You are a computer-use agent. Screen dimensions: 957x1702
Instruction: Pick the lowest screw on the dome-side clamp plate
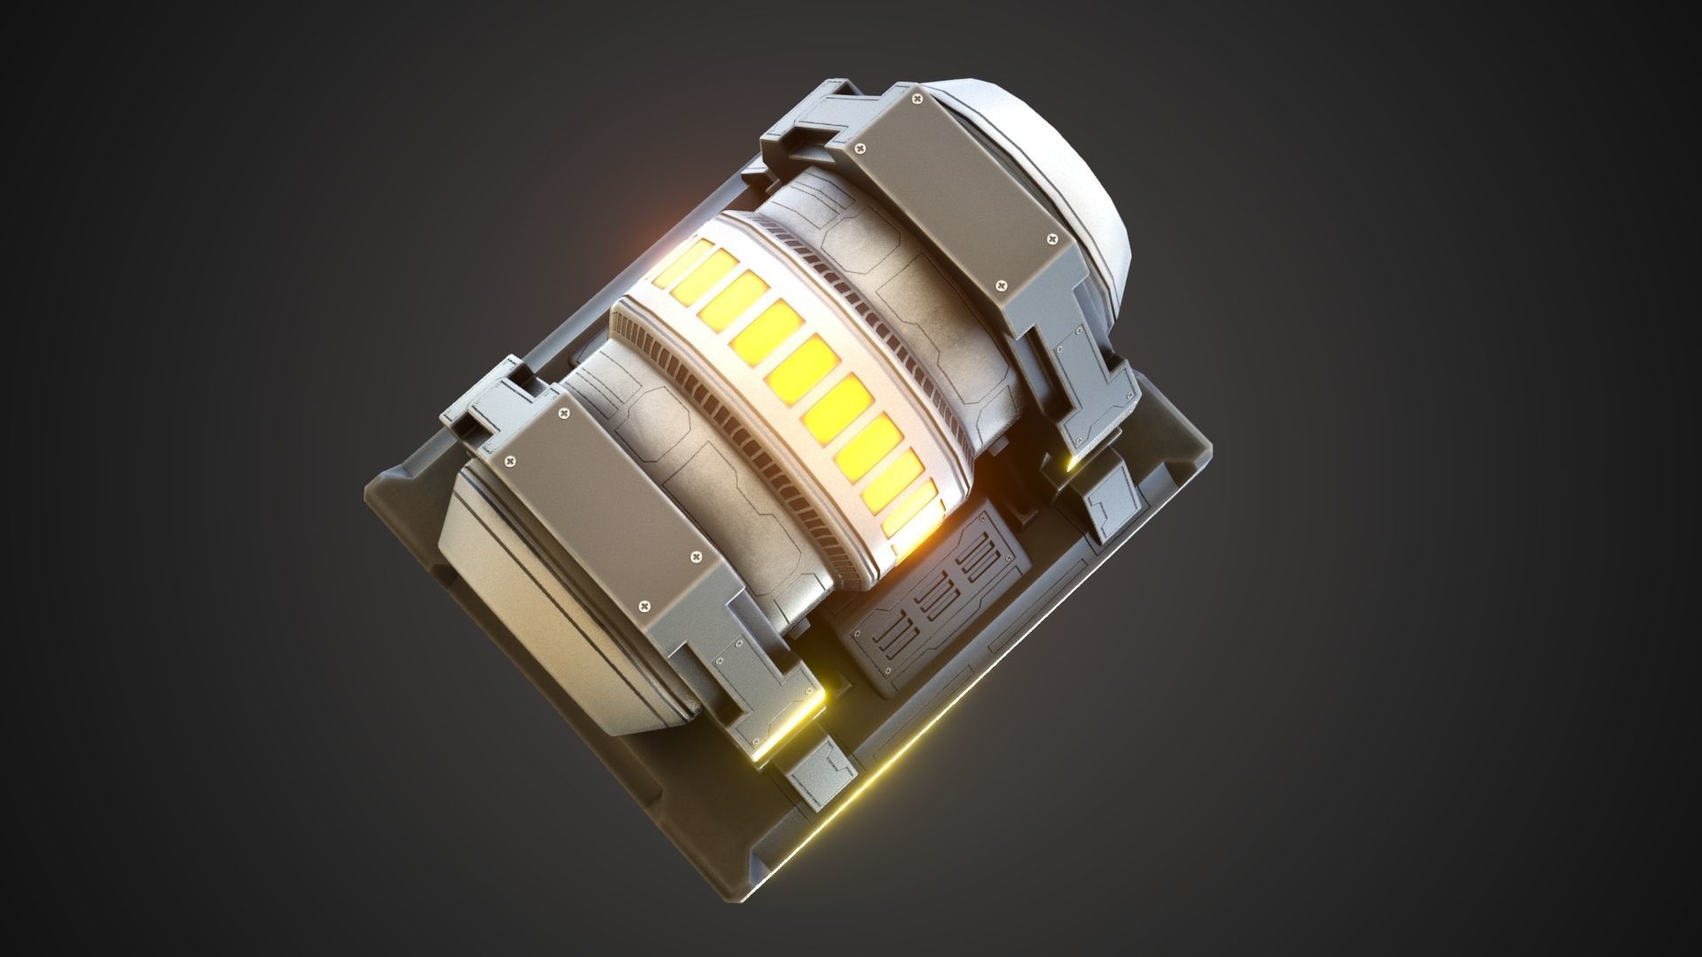[1003, 285]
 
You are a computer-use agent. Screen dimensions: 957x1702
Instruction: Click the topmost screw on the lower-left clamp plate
[564, 414]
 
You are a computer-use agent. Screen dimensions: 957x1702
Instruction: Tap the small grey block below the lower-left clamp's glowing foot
[820, 766]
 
